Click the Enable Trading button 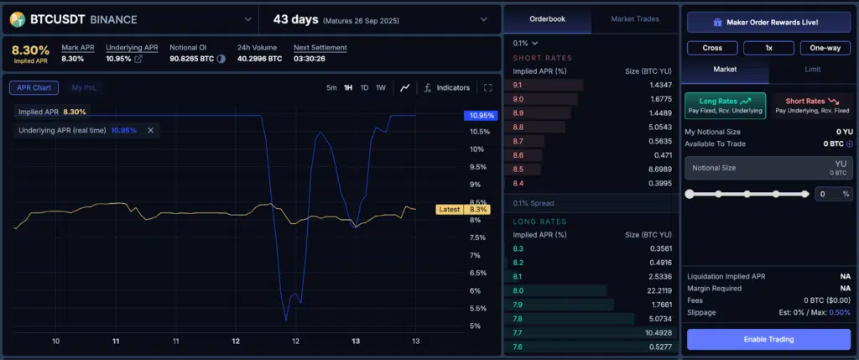(x=768, y=339)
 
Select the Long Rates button (x=725, y=105)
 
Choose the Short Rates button (x=811, y=105)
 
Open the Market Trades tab (x=634, y=18)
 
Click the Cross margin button (x=712, y=48)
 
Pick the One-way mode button (x=825, y=48)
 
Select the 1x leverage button (x=768, y=48)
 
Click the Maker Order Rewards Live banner (x=768, y=23)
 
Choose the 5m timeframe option (x=331, y=88)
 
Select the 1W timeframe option (x=380, y=88)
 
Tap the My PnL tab (x=83, y=87)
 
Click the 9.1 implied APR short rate (x=518, y=85)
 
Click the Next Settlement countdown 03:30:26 (x=310, y=59)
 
